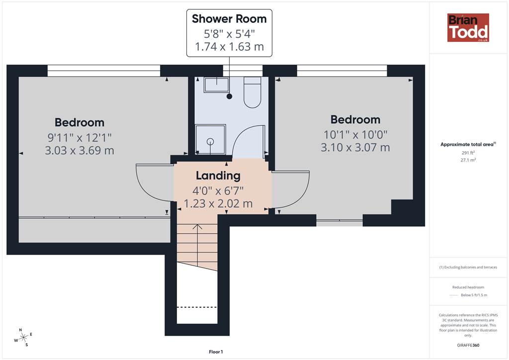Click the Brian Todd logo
coord(468,27)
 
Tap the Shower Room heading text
coord(229,19)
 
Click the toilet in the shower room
coord(252,92)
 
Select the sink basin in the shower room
coord(217,85)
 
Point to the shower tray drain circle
coord(210,141)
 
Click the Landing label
coord(218,176)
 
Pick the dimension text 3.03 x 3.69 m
coord(80,151)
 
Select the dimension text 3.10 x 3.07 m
coord(355,147)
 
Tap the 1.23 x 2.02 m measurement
coord(218,203)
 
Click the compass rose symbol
coord(23,338)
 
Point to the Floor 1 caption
coord(216,352)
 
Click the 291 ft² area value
coord(468,153)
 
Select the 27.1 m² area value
coord(468,160)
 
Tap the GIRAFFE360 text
coord(468,345)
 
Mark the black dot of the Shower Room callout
coord(230,96)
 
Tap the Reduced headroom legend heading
coord(468,287)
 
